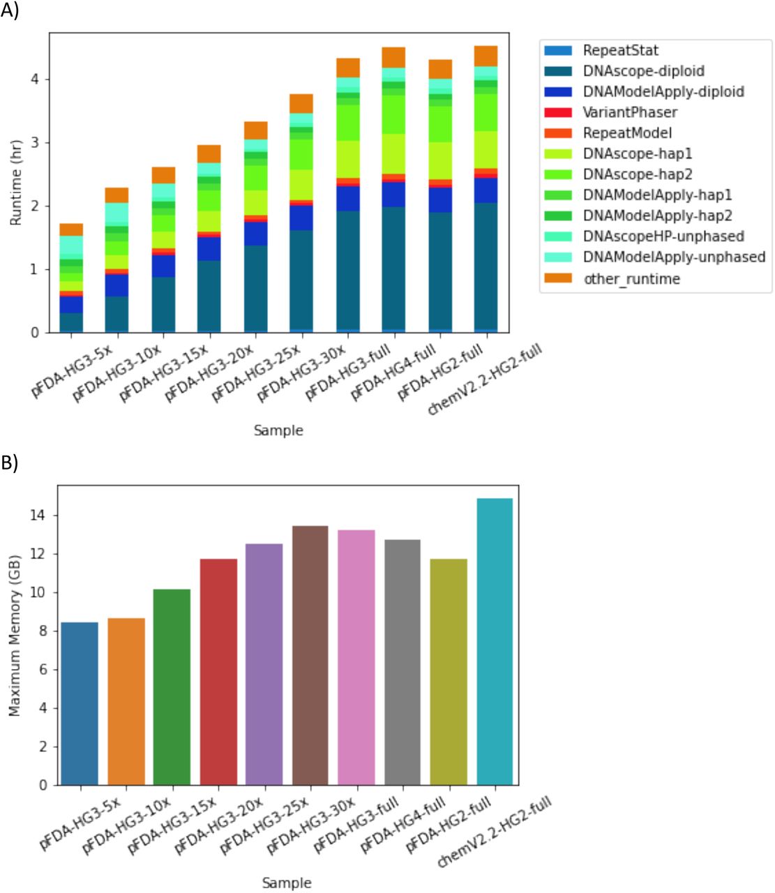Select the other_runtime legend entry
631,278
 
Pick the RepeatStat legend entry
620,50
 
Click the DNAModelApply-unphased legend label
674,257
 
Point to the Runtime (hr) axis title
15,181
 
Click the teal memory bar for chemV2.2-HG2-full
495,642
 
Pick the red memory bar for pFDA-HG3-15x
218,671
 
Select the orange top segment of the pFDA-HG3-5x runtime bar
71,230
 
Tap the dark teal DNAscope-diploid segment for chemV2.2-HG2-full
486,265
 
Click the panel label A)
10,10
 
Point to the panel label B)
9,464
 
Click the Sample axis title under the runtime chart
278,430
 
